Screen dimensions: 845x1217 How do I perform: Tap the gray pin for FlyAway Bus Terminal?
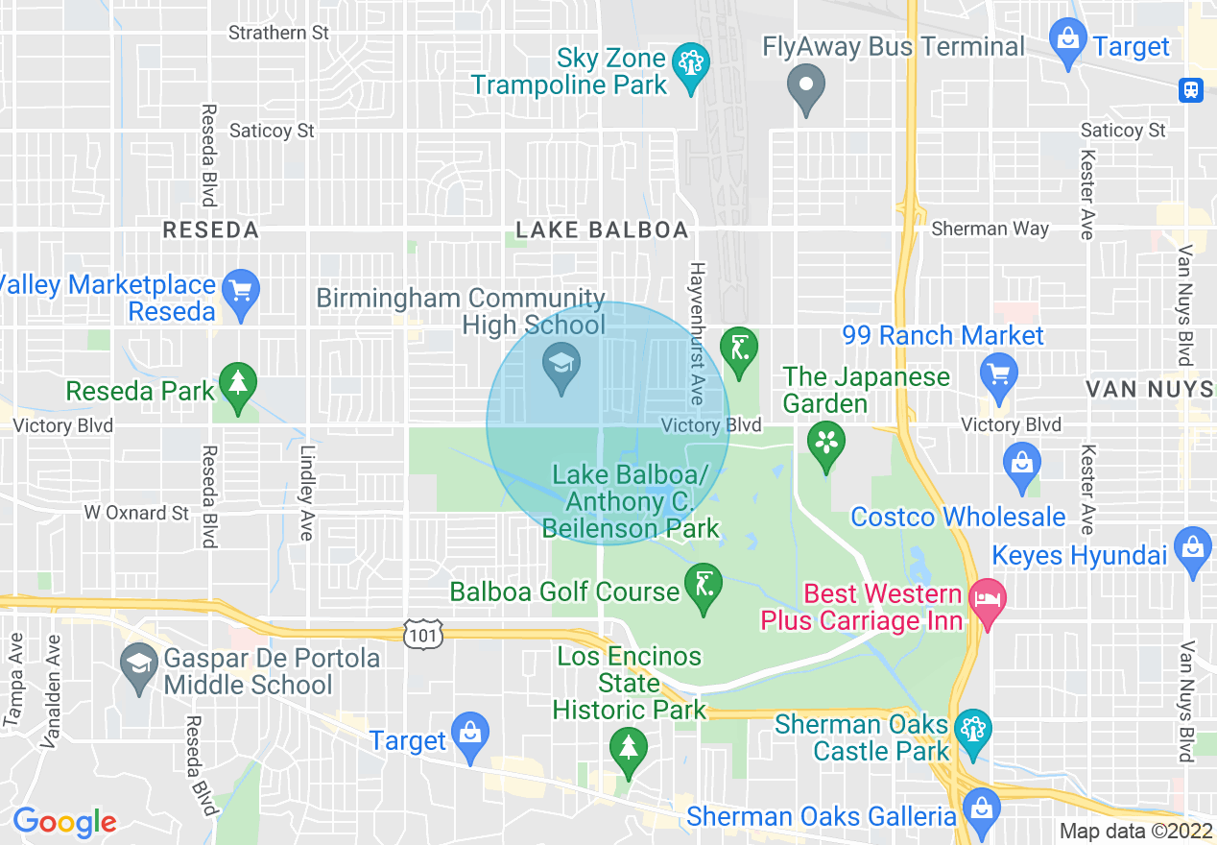coord(806,86)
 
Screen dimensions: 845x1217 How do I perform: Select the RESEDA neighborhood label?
coord(211,230)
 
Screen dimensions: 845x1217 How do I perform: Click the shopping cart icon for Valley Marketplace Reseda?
coord(240,290)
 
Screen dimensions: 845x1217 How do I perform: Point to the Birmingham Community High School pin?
coord(560,366)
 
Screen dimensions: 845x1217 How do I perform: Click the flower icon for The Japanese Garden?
coord(823,444)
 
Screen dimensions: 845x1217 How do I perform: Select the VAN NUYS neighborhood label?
coord(1150,389)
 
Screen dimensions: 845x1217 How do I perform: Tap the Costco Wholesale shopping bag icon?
coord(1021,462)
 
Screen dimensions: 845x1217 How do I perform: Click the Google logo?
coord(64,822)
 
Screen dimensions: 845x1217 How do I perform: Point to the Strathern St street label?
coord(279,33)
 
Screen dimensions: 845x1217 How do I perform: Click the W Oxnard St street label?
coord(136,513)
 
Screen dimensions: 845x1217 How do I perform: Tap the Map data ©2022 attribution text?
coord(1134,832)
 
